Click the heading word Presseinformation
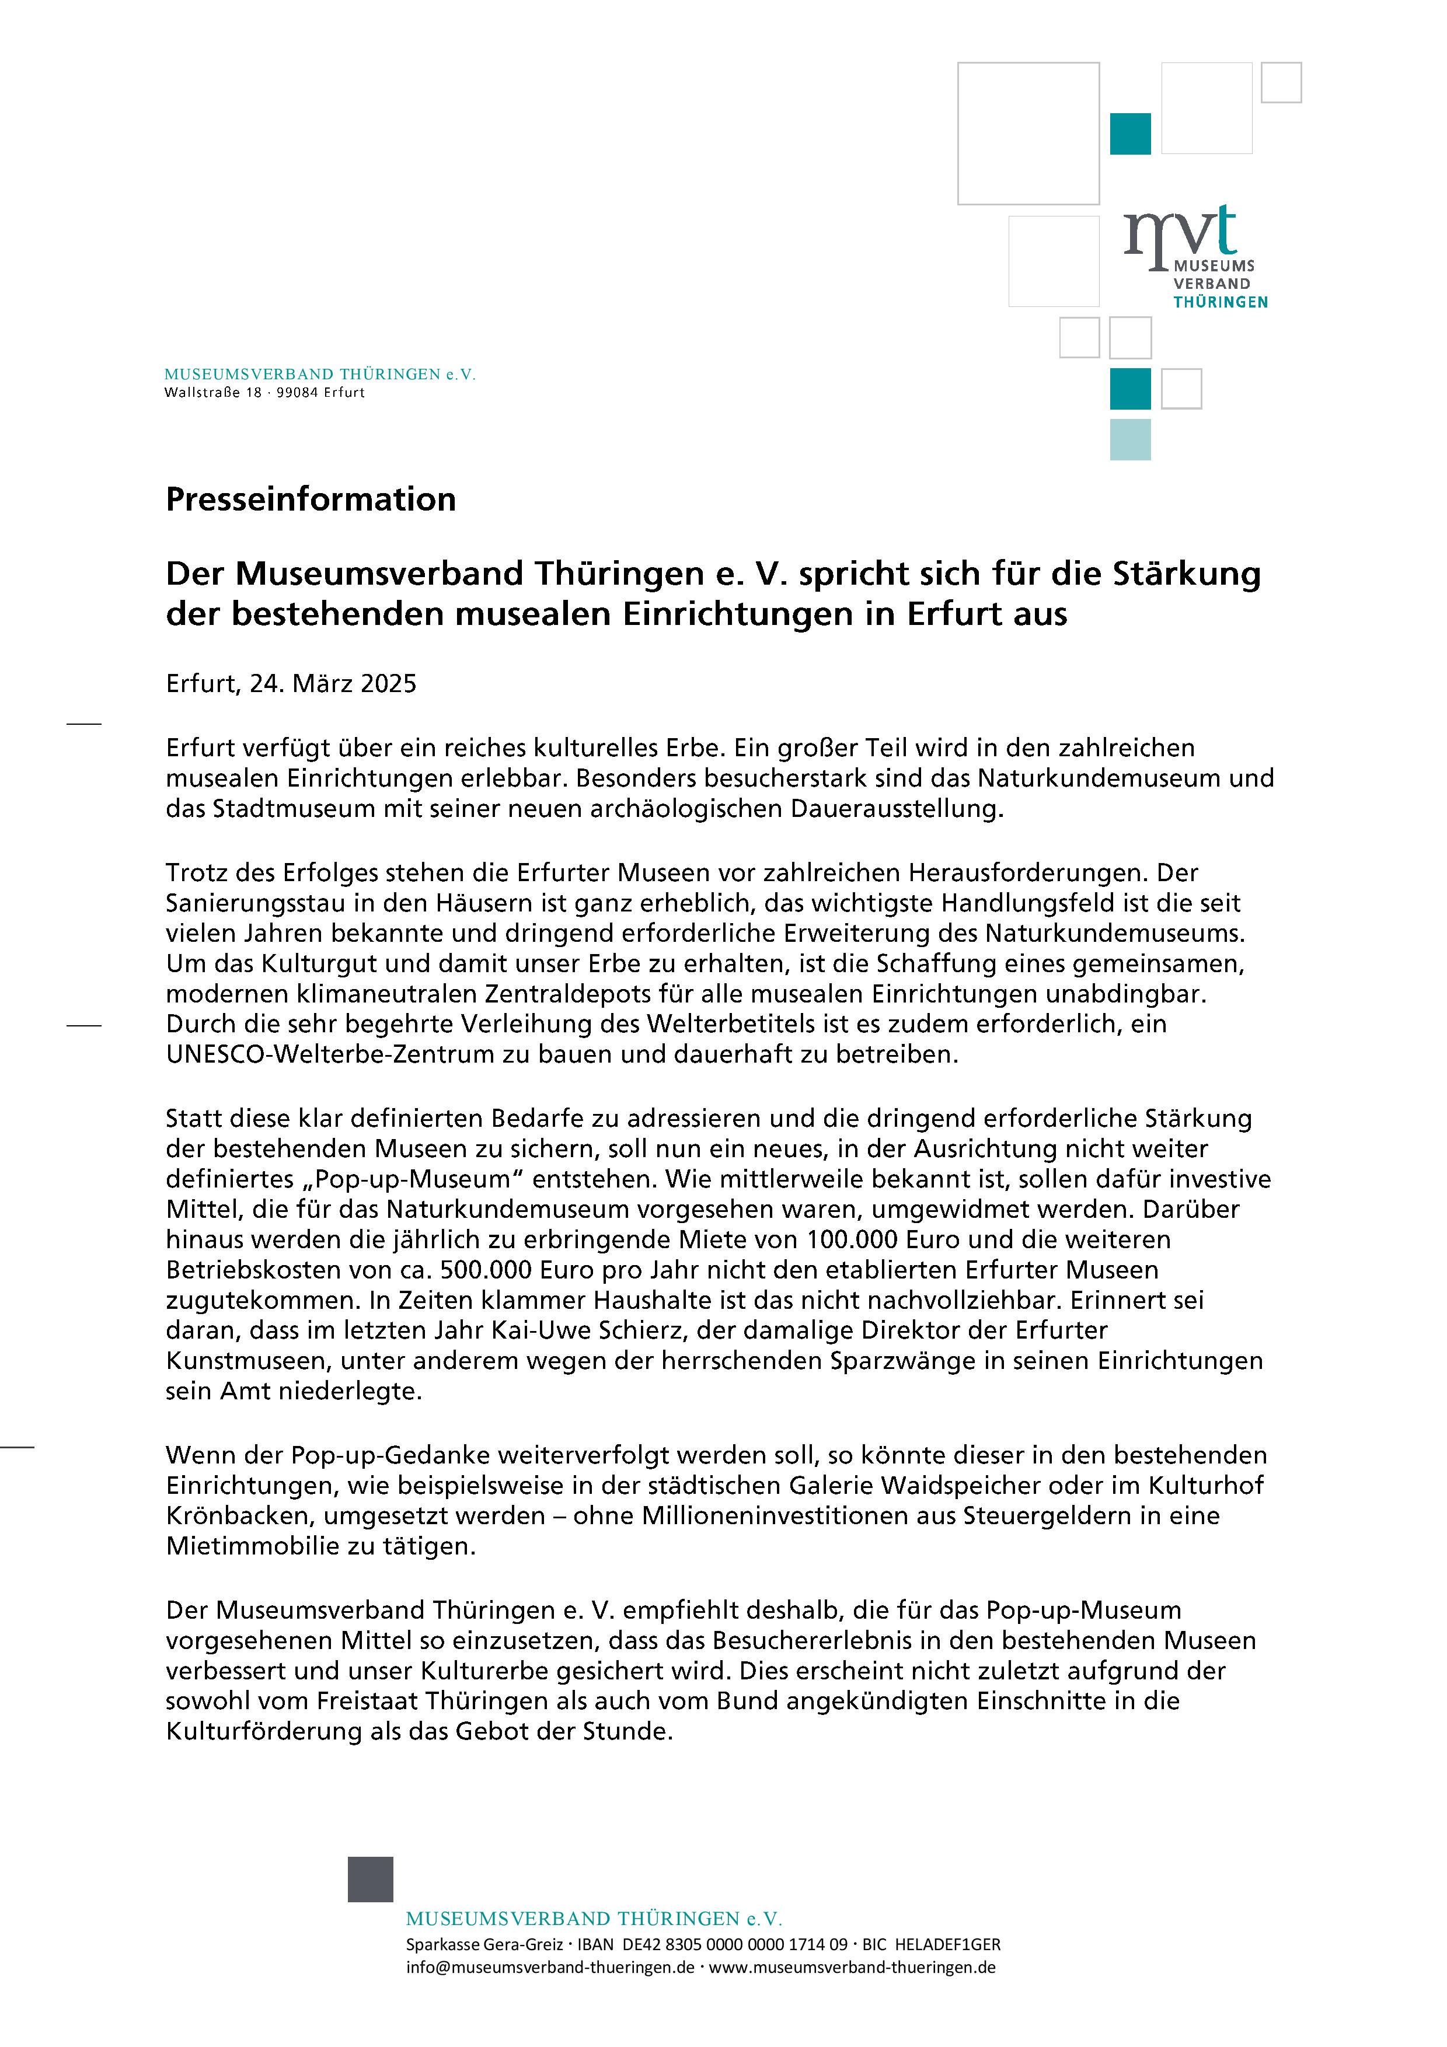(x=311, y=499)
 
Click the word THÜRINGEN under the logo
(x=1220, y=302)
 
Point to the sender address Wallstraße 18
(x=213, y=392)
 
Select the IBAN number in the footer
(x=735, y=1944)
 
